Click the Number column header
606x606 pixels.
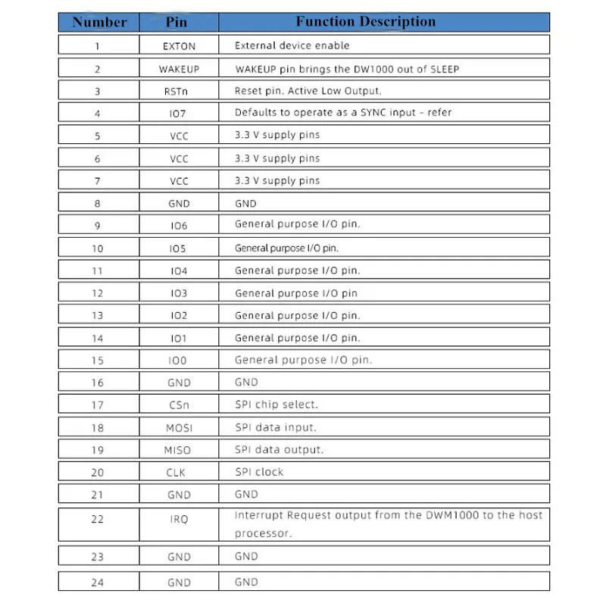(99, 22)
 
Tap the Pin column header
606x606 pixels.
(179, 22)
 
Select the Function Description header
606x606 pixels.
(365, 22)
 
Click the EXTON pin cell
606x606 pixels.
(179, 46)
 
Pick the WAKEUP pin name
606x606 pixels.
(179, 69)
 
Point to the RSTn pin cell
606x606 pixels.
(179, 92)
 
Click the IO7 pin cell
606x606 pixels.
(179, 114)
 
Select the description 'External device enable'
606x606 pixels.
(292, 45)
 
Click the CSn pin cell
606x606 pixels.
(179, 405)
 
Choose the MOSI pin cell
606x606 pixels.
(179, 428)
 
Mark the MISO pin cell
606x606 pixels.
(179, 450)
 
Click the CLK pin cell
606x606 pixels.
(179, 473)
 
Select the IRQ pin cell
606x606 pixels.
(179, 519)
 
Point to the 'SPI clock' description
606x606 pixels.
(259, 472)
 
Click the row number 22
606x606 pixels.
(98, 519)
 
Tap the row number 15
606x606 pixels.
(98, 361)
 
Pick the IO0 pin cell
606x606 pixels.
(179, 361)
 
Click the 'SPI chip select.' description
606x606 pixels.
(276, 405)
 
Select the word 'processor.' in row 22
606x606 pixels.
(263, 533)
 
